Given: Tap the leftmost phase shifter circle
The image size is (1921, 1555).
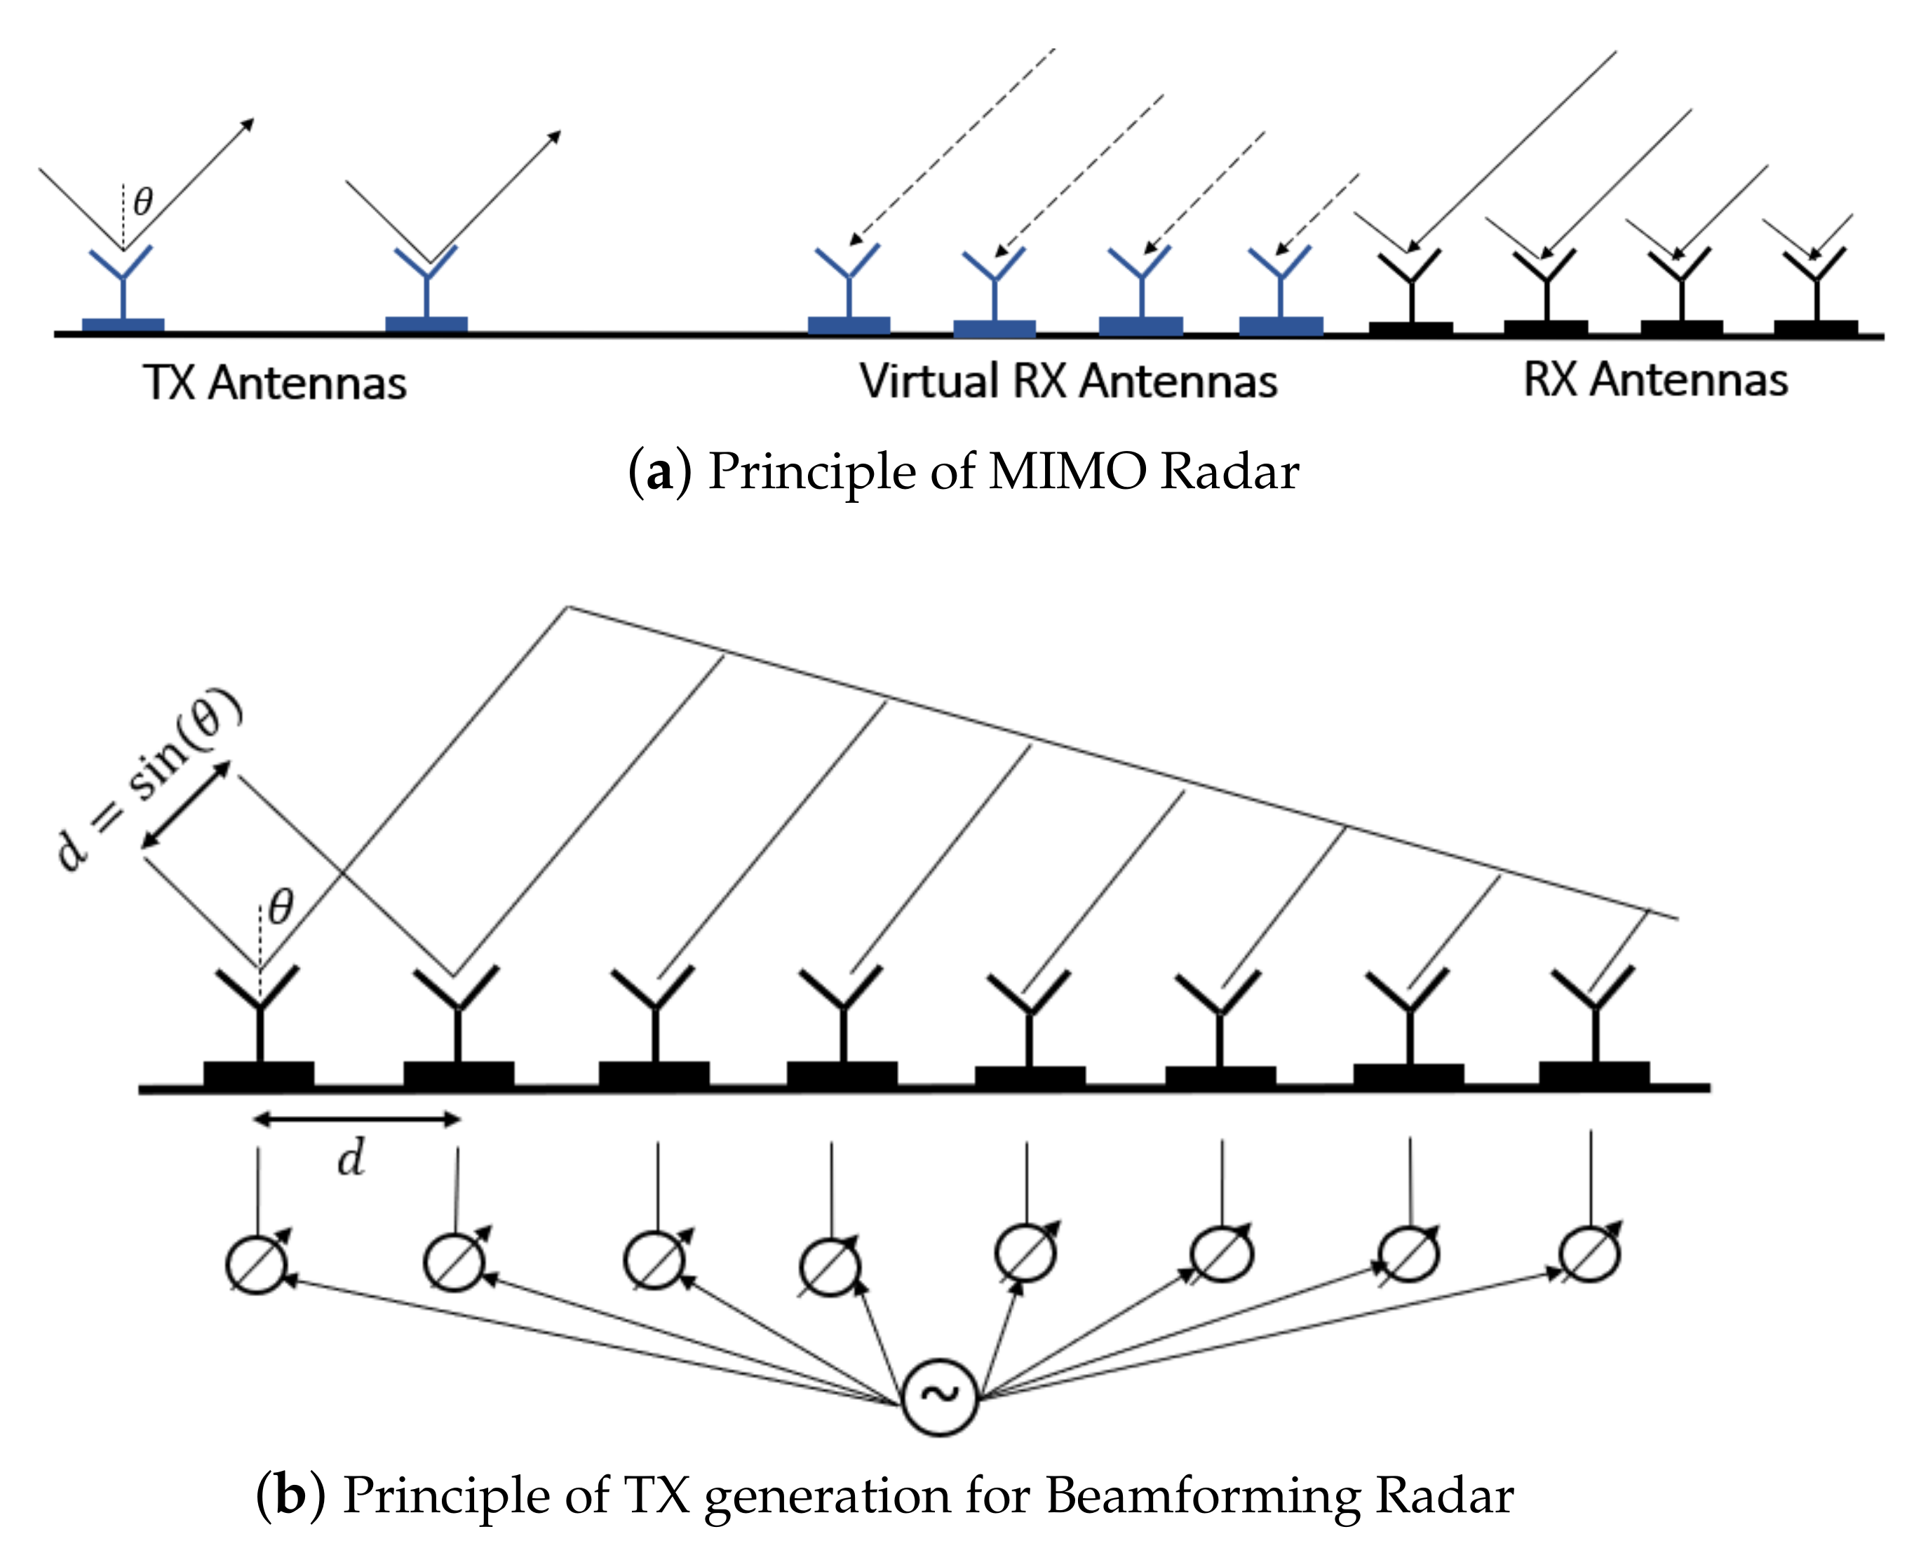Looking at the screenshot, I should click(x=257, y=1265).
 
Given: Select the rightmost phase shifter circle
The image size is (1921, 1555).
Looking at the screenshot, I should click(x=1590, y=1254).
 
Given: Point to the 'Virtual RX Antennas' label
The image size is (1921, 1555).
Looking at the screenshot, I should click(x=1067, y=382).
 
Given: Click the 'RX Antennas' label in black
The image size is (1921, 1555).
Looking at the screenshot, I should click(x=1655, y=379).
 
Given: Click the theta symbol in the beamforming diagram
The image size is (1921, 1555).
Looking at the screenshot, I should click(x=281, y=906).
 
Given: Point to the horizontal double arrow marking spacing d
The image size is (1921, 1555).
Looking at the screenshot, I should click(x=356, y=1118).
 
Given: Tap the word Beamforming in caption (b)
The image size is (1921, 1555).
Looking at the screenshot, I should click(x=1202, y=1496).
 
